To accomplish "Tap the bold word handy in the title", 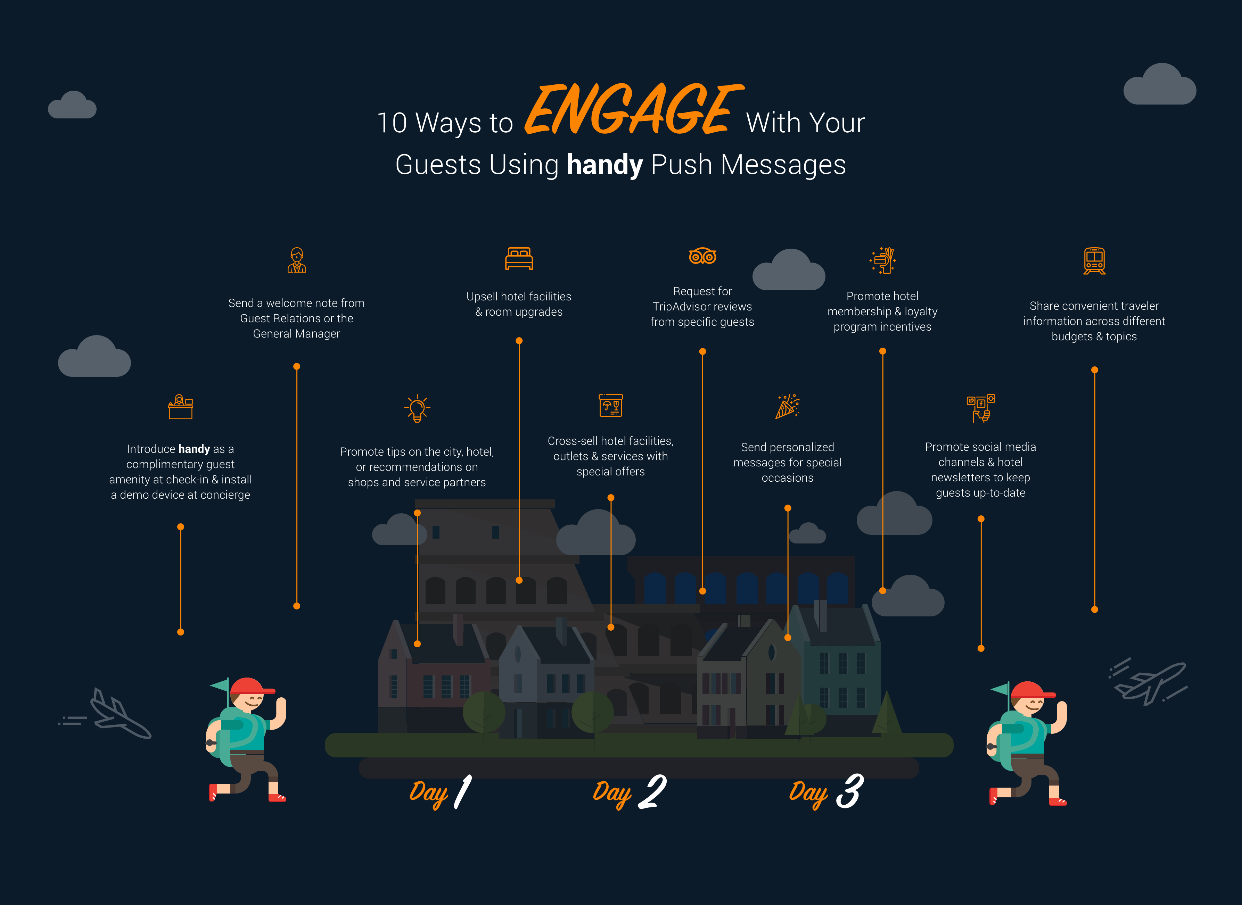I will [x=604, y=164].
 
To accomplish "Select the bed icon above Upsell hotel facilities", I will [x=518, y=259].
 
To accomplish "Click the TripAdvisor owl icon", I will [x=702, y=256].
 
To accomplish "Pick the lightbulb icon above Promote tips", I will [x=417, y=408].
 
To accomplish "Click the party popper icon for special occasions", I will [x=788, y=406].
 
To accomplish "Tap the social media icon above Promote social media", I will [x=980, y=408].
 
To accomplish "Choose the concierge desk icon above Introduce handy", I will [x=180, y=407].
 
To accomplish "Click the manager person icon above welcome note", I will [x=297, y=260].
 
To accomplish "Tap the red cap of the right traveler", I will [x=1030, y=690].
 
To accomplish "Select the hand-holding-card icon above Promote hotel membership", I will [x=882, y=260].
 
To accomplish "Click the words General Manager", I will [x=297, y=334].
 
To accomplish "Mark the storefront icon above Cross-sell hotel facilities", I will [x=611, y=405].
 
